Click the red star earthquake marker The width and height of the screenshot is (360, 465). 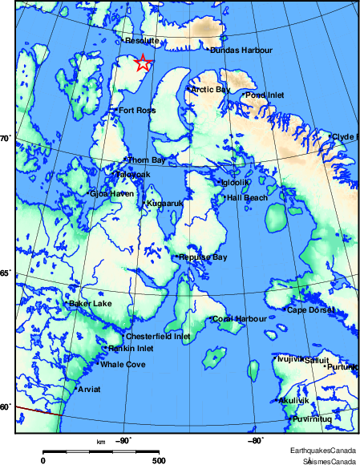tap(143, 63)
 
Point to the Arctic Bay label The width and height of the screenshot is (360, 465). tap(210, 89)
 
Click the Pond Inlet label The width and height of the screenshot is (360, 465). tap(265, 95)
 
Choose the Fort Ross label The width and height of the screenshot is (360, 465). tap(136, 111)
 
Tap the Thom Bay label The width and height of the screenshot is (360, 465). tap(146, 160)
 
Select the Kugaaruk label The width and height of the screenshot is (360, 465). tap(164, 204)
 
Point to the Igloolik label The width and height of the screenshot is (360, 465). tap(236, 183)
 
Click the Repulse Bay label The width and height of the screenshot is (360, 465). tap(204, 257)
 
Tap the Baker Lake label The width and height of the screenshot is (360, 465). tap(91, 304)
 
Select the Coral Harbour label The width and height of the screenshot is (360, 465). tap(240, 319)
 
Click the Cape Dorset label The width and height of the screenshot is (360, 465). tap(309, 309)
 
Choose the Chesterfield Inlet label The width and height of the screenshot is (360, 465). tap(160, 337)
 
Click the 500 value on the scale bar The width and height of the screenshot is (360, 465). tap(159, 460)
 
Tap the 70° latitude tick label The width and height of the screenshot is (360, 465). tap(5, 139)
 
